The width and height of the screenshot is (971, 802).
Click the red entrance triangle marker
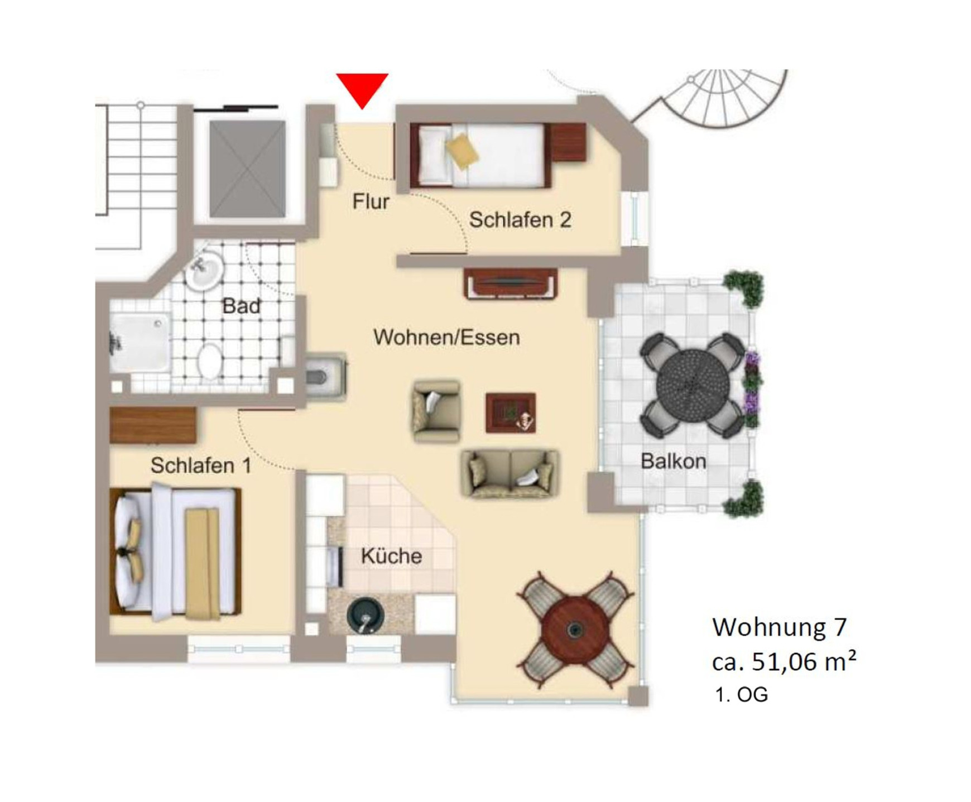(362, 88)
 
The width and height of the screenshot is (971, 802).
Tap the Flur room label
(371, 201)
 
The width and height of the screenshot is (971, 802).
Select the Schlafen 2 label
(520, 220)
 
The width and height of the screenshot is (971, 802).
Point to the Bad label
(241, 306)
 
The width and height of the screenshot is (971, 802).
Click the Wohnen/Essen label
(446, 337)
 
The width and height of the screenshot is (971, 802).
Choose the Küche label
(391, 556)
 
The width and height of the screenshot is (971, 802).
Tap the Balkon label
(673, 461)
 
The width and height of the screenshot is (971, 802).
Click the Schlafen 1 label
(201, 465)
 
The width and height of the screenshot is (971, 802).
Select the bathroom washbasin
(204, 270)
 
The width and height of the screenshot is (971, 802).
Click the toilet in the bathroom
(210, 360)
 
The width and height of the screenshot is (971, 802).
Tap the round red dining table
(575, 629)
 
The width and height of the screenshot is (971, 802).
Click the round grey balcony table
(693, 383)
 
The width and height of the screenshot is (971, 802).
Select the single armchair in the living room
(436, 411)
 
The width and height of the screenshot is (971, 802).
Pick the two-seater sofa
(509, 474)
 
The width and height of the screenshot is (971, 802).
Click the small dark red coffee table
(511, 412)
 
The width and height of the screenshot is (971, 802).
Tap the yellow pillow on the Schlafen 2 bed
(462, 151)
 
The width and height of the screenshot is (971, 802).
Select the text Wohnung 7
(779, 627)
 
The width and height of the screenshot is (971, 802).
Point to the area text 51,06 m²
(804, 662)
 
